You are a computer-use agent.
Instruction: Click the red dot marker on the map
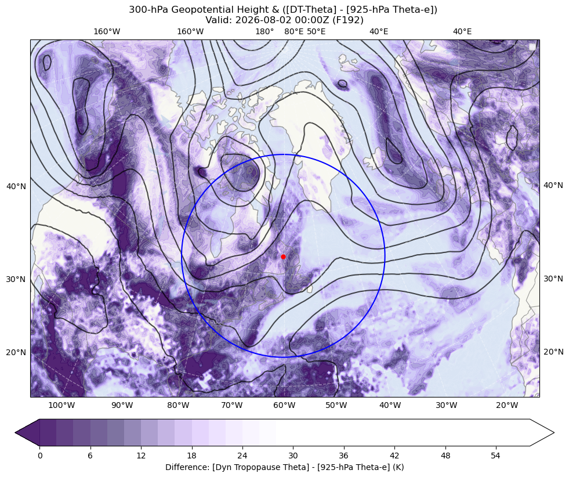[x=283, y=256]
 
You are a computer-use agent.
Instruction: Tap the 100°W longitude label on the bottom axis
[x=61, y=405]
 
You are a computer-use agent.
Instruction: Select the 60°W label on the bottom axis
[x=284, y=405]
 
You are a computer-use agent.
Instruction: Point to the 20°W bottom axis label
[x=507, y=405]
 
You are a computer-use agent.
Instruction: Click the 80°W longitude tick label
[x=178, y=405]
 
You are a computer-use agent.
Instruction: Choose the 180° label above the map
[x=264, y=31]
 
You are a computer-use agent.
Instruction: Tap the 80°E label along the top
[x=294, y=31]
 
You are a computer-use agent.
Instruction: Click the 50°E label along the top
[x=316, y=31]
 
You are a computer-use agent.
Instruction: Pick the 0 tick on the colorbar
[x=39, y=456]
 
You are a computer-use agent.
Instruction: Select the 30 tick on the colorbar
[x=293, y=456]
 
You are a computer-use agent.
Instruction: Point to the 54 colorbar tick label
[x=496, y=456]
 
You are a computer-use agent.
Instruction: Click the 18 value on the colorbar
[x=191, y=456]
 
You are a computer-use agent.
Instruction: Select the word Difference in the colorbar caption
[x=184, y=467]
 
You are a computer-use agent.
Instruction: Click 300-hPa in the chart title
[x=148, y=10]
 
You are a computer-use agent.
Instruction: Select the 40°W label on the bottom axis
[x=390, y=405]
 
